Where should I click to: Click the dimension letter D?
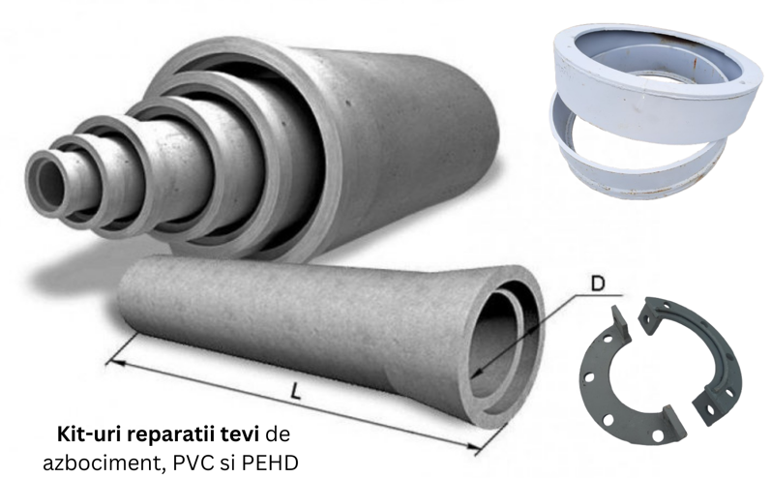click(598, 284)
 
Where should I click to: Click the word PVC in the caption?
click(188, 455)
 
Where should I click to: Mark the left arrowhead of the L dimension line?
click(108, 360)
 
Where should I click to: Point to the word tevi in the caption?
click(244, 428)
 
